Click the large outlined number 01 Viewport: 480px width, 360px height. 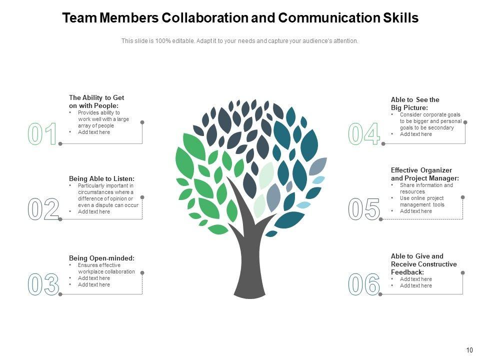click(43, 134)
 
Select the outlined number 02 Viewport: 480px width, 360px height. click(43, 209)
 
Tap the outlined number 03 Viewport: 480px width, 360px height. click(43, 284)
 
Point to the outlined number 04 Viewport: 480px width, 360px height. click(364, 134)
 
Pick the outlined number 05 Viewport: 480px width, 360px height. click(364, 209)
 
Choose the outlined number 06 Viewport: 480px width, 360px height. click(364, 284)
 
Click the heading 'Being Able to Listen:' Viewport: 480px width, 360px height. click(101, 178)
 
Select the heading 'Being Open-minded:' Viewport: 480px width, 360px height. click(101, 258)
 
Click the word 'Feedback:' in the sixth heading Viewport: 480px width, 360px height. click(407, 272)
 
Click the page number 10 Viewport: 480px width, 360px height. click(469, 350)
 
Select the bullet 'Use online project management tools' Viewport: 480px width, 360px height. click(422, 201)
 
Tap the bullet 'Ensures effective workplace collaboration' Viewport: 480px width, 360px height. click(106, 268)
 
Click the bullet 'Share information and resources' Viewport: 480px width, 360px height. click(426, 188)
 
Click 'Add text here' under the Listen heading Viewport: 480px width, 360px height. click(94, 211)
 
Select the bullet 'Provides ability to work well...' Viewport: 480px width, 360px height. click(103, 119)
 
